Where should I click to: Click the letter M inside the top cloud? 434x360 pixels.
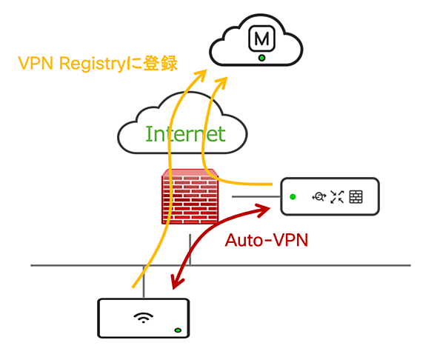261,39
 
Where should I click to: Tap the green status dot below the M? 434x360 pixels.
261,58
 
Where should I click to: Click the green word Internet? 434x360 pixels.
185,134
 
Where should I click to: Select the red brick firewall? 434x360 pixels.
190,196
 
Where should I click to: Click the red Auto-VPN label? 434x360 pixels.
267,240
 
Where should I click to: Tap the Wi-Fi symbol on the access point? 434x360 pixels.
143,317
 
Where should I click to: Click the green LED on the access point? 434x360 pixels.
178,330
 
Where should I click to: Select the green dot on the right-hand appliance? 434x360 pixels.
293,196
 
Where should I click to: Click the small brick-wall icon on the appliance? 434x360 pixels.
355,197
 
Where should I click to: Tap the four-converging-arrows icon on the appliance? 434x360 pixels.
337,197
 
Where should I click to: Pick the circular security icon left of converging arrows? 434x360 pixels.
319,197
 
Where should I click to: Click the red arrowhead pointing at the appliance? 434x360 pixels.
263,210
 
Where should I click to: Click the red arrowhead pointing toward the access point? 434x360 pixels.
176,282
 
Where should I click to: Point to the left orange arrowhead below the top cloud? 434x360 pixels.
201,75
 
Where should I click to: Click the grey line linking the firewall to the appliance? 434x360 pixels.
256,196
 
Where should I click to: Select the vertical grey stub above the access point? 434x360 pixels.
144,282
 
